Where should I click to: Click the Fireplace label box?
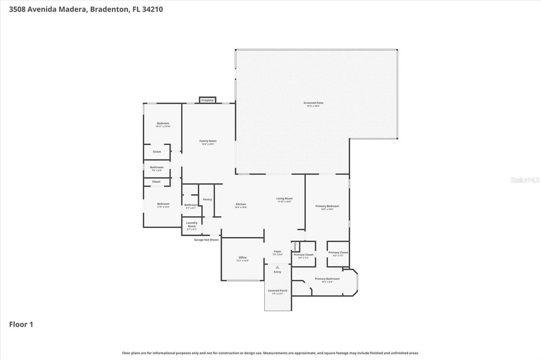(x=207, y=100)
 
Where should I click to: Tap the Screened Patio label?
(x=313, y=104)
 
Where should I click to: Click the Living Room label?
(x=284, y=200)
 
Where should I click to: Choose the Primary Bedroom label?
(x=327, y=207)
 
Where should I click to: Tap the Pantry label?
(x=207, y=200)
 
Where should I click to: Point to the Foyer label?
(x=277, y=252)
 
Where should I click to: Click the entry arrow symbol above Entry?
(x=277, y=267)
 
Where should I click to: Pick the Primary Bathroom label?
(x=327, y=279)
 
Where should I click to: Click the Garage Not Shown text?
(x=206, y=240)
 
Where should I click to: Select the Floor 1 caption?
(x=21, y=325)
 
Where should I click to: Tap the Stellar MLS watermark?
(x=524, y=180)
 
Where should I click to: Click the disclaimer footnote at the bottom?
(x=270, y=353)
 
